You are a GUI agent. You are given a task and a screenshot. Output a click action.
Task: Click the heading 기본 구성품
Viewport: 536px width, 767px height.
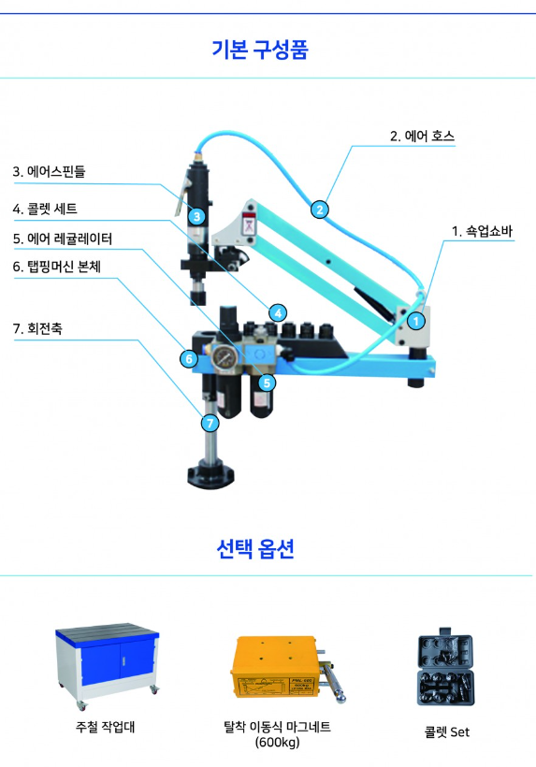260,50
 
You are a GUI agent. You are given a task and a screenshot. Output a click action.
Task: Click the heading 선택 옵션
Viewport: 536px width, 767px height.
254,548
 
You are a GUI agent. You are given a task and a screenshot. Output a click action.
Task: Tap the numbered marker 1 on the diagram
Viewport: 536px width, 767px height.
416,321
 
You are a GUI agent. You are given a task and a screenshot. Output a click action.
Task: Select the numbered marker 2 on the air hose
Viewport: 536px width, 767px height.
319,210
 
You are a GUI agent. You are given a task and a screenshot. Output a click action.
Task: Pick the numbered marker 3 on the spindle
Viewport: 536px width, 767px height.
196,216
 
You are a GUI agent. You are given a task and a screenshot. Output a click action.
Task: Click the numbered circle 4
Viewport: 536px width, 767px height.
278,312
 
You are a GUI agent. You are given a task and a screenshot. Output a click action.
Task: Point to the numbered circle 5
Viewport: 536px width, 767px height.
267,383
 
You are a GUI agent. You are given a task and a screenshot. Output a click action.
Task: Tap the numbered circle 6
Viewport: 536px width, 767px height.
189,359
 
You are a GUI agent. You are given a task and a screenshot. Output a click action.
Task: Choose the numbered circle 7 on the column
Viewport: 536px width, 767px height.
210,423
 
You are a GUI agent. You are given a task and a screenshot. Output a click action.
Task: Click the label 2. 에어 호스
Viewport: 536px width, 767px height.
422,136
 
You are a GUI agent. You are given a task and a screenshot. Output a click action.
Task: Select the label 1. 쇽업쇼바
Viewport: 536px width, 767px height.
482,231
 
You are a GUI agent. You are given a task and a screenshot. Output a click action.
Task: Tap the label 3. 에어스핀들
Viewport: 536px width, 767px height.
49,172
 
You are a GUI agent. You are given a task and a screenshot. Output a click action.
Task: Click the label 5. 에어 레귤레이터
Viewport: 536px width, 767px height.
63,239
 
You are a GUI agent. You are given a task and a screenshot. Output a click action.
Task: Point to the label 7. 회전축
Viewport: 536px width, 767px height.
37,328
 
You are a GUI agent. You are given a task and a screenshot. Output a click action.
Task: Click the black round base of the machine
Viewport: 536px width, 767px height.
210,473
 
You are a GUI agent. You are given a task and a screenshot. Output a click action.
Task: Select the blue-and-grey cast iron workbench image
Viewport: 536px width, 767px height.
107,666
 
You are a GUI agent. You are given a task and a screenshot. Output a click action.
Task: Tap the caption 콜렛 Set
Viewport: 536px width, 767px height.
446,732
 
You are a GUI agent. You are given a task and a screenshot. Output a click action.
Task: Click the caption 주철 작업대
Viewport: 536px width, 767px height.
105,727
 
